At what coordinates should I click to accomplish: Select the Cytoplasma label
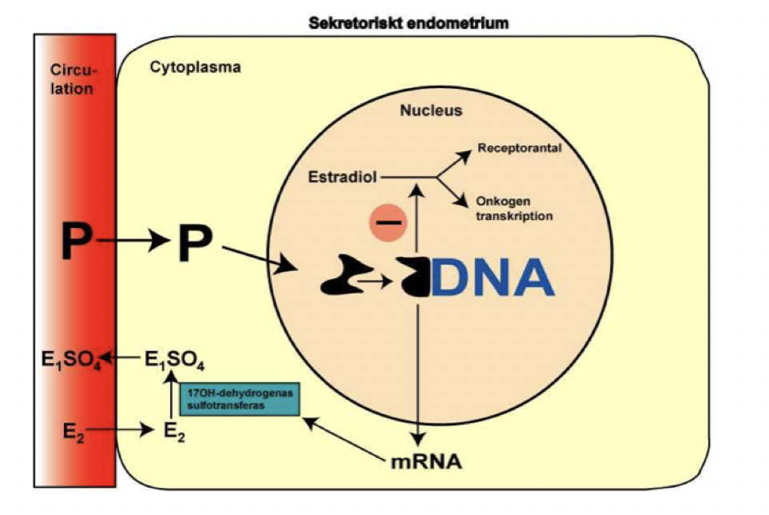tap(195, 68)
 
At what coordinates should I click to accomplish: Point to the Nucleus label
tap(430, 111)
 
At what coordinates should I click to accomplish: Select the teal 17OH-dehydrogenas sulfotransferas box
tap(239, 400)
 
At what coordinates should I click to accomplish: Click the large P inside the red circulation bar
tap(73, 243)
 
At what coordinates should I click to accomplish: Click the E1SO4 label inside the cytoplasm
tap(174, 361)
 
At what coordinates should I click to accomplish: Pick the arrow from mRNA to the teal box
tap(344, 437)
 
